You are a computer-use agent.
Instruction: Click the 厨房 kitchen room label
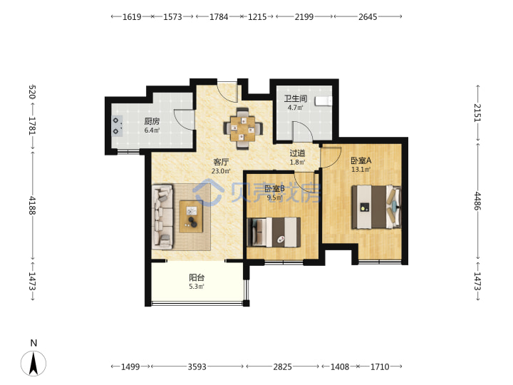(x=152, y=121)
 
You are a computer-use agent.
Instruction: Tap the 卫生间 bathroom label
(x=296, y=98)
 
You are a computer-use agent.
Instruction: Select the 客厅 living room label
(x=221, y=162)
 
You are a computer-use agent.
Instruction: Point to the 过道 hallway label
(x=297, y=153)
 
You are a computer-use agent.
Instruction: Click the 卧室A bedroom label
(x=361, y=160)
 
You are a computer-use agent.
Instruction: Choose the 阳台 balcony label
(x=197, y=277)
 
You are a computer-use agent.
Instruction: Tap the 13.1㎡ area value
(x=361, y=170)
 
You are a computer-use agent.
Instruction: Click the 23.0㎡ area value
(x=221, y=171)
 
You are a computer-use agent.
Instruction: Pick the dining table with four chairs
(x=243, y=128)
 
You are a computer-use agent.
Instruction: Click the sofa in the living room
(x=162, y=217)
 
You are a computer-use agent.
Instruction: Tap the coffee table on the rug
(x=192, y=217)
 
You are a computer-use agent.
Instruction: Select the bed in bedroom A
(x=376, y=207)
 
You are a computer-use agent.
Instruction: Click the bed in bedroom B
(x=274, y=232)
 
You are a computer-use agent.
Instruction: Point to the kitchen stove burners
(x=117, y=126)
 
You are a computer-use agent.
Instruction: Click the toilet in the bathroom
(x=323, y=101)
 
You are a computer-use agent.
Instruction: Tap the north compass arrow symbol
(x=33, y=363)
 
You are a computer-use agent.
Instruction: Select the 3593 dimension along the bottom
(x=197, y=366)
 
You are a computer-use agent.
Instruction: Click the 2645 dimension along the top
(x=368, y=16)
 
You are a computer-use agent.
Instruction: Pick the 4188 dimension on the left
(x=32, y=205)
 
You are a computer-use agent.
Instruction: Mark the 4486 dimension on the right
(x=477, y=201)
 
